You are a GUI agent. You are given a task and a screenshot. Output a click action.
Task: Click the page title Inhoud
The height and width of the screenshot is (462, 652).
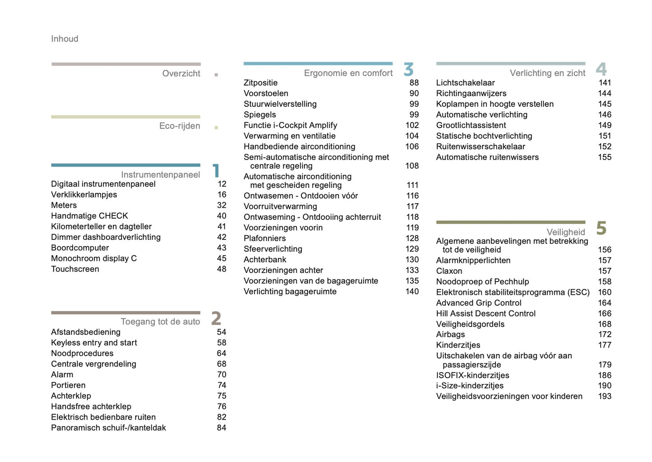click(65, 39)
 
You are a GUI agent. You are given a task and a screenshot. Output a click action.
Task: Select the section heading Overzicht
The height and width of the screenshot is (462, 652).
click(181, 73)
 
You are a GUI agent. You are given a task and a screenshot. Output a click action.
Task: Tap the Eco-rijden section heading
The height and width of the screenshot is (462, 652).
click(180, 126)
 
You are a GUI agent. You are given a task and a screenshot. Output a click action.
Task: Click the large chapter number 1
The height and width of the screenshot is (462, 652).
click(216, 171)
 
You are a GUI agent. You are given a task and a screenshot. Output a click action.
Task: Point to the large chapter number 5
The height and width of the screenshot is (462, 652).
click(601, 228)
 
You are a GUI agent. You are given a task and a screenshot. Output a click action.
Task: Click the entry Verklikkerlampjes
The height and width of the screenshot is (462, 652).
click(84, 195)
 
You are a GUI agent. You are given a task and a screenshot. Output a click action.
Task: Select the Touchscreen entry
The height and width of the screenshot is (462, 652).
click(75, 269)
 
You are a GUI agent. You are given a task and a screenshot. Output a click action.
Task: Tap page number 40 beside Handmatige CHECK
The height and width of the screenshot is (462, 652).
click(222, 216)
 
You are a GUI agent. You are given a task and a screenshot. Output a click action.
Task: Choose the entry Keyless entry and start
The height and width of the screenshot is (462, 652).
click(94, 343)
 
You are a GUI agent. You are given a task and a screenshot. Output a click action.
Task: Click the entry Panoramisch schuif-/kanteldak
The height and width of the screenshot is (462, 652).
click(108, 428)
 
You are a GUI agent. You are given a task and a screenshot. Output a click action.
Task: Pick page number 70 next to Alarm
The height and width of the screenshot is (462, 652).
click(222, 375)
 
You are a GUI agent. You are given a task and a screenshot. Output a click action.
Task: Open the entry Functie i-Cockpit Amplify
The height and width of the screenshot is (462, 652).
click(290, 125)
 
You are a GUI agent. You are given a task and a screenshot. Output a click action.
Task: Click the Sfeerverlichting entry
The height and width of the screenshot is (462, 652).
click(273, 249)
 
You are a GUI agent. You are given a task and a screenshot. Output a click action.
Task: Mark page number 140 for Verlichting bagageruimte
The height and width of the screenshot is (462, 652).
click(412, 292)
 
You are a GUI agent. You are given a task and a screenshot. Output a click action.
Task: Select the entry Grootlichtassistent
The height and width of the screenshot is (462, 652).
click(471, 125)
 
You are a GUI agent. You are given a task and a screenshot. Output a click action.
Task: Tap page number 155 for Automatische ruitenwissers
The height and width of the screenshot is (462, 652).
click(605, 157)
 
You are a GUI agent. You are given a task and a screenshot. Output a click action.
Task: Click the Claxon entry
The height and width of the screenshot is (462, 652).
click(449, 271)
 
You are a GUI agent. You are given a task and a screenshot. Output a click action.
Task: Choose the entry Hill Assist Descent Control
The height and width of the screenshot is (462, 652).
click(486, 313)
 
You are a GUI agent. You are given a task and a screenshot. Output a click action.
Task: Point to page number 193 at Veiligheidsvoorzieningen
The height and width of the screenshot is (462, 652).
click(605, 396)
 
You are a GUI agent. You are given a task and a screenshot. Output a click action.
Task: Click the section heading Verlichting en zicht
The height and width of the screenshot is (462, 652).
click(547, 73)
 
